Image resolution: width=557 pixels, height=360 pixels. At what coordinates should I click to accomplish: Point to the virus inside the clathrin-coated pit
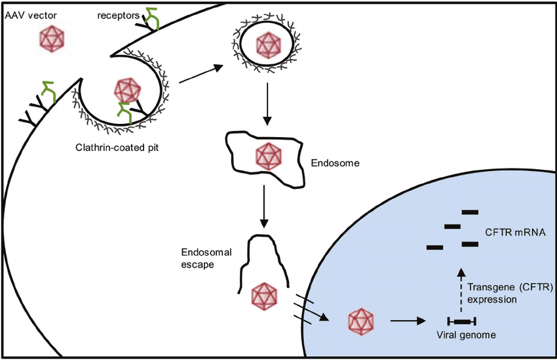(128, 89)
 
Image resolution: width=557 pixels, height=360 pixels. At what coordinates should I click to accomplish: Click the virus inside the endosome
(267, 156)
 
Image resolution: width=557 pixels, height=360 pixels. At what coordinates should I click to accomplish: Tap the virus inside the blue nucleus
(360, 320)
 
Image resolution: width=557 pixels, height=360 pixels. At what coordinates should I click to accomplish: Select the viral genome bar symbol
(461, 321)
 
